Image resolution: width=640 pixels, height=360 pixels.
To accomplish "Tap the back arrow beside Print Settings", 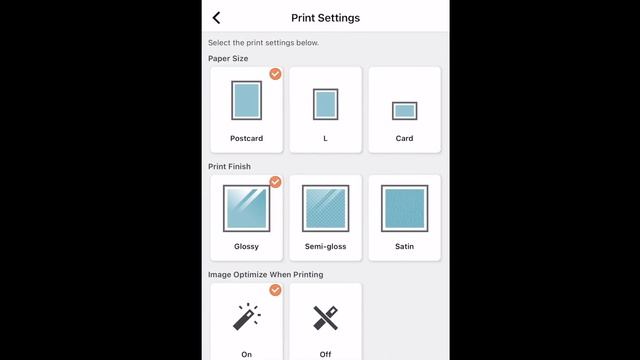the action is pyautogui.click(x=216, y=18).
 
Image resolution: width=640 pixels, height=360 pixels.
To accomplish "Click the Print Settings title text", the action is pyautogui.click(x=325, y=18).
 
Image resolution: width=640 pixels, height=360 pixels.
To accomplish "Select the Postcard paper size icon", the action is pyautogui.click(x=247, y=100).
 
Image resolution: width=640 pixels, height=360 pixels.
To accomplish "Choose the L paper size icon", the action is pyautogui.click(x=325, y=104).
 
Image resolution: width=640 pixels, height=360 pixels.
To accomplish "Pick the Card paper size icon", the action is pyautogui.click(x=404, y=111).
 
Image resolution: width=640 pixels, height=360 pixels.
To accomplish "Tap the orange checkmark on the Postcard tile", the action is pyautogui.click(x=276, y=74).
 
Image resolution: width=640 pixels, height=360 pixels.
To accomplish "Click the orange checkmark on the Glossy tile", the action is pyautogui.click(x=276, y=182).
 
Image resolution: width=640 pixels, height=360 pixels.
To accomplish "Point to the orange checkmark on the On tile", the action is pyautogui.click(x=276, y=290).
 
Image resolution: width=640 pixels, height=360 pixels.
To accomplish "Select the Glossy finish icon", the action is pyautogui.click(x=247, y=209).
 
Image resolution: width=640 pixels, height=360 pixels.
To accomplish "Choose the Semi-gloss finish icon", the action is pyautogui.click(x=325, y=209).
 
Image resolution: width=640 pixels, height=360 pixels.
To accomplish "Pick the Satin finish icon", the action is pyautogui.click(x=404, y=209).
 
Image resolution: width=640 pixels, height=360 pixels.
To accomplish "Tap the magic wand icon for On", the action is pyautogui.click(x=247, y=317).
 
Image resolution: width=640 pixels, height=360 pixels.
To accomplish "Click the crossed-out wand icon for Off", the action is pyautogui.click(x=325, y=318).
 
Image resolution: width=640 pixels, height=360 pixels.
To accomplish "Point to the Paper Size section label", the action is pyautogui.click(x=228, y=58).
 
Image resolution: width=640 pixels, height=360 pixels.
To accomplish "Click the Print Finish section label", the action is pyautogui.click(x=229, y=167).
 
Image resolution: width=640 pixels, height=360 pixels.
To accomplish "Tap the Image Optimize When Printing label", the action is pyautogui.click(x=266, y=275).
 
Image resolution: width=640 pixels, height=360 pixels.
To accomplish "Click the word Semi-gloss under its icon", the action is pyautogui.click(x=325, y=247).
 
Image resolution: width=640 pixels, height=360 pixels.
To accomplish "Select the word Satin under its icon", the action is pyautogui.click(x=404, y=247).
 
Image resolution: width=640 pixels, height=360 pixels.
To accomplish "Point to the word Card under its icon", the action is pyautogui.click(x=404, y=138).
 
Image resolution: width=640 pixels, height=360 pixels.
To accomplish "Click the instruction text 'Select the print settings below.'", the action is pyautogui.click(x=263, y=43).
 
